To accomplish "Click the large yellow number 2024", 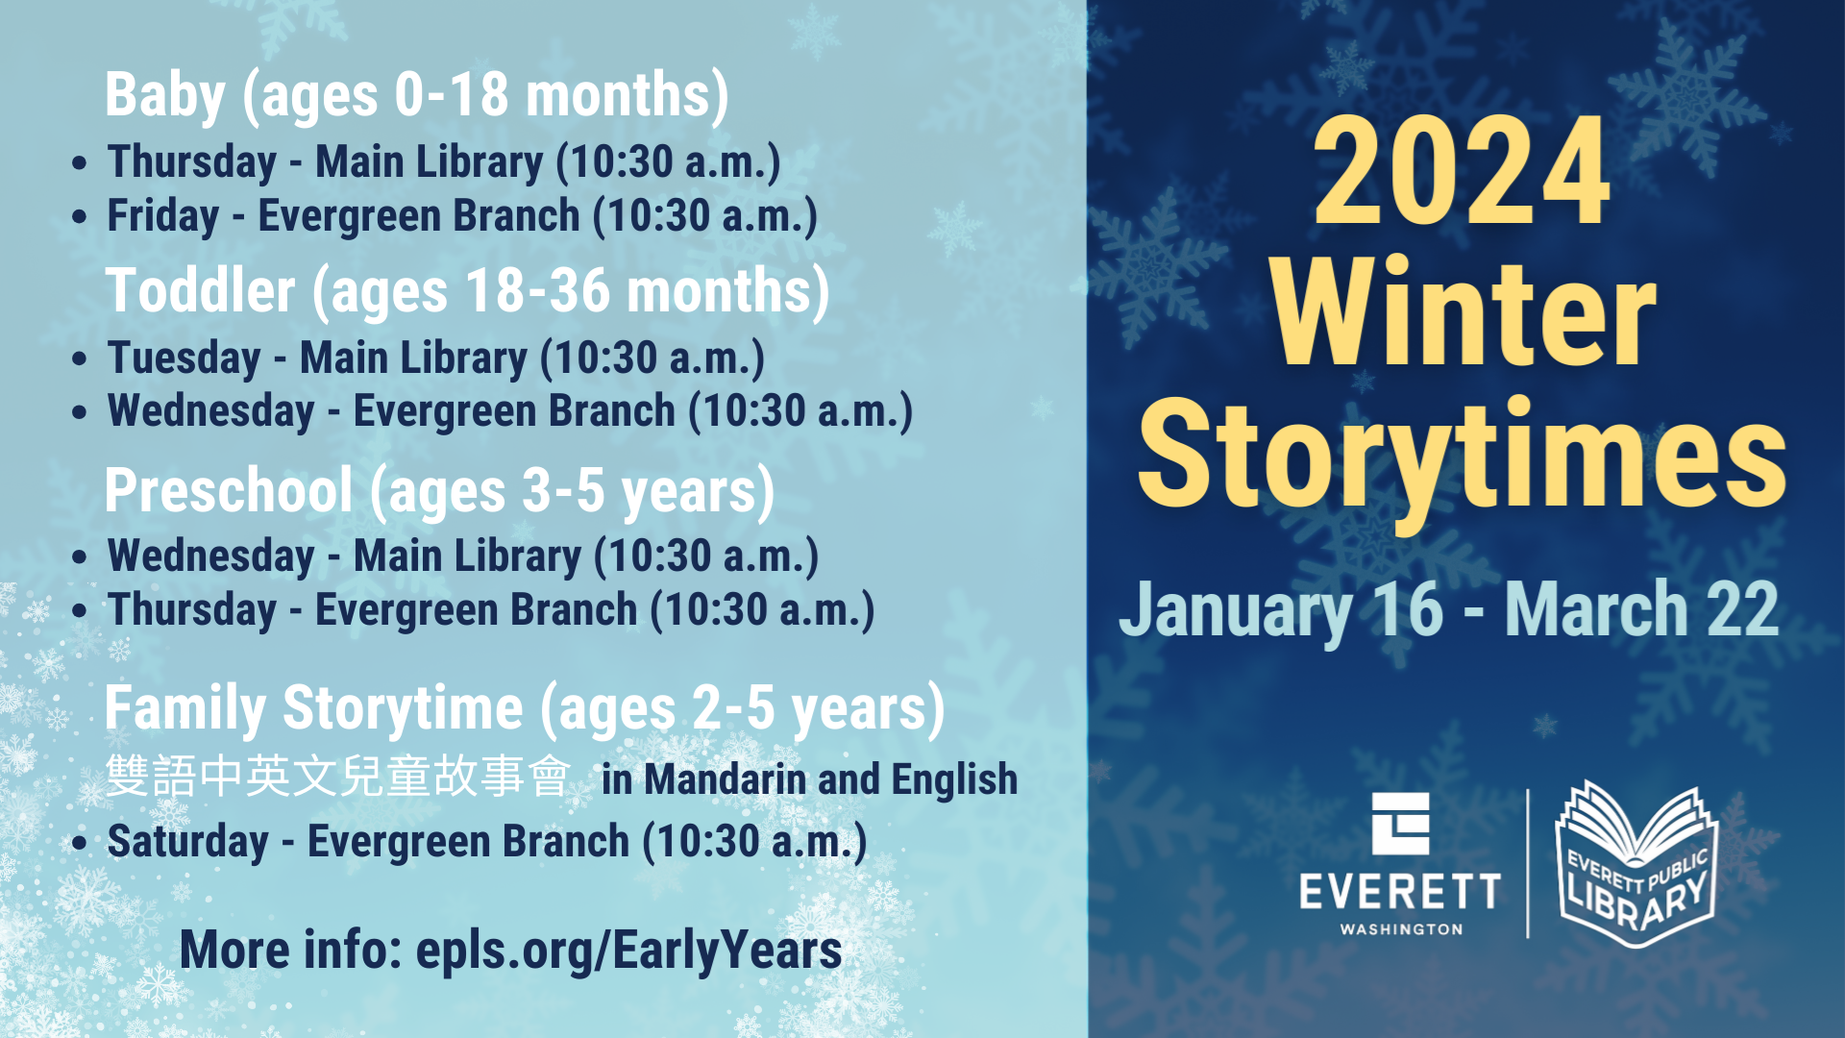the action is click(x=1462, y=171).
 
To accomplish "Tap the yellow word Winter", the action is click(x=1464, y=313).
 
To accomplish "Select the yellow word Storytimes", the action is click(x=1462, y=459).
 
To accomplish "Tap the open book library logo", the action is click(x=1636, y=863).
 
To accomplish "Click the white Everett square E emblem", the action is click(x=1400, y=824).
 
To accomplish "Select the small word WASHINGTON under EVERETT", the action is click(x=1401, y=929).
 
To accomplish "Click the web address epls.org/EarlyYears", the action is click(x=628, y=951).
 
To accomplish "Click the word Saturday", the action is click(x=188, y=842).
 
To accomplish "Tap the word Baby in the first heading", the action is click(x=164, y=97).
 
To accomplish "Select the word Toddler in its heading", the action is click(x=201, y=291).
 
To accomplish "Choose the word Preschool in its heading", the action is click(x=229, y=490).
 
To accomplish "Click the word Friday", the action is click(x=163, y=216).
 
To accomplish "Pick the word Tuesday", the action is click(x=184, y=358).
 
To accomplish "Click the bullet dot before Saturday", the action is click(x=80, y=843).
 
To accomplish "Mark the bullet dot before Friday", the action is click(x=80, y=216).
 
